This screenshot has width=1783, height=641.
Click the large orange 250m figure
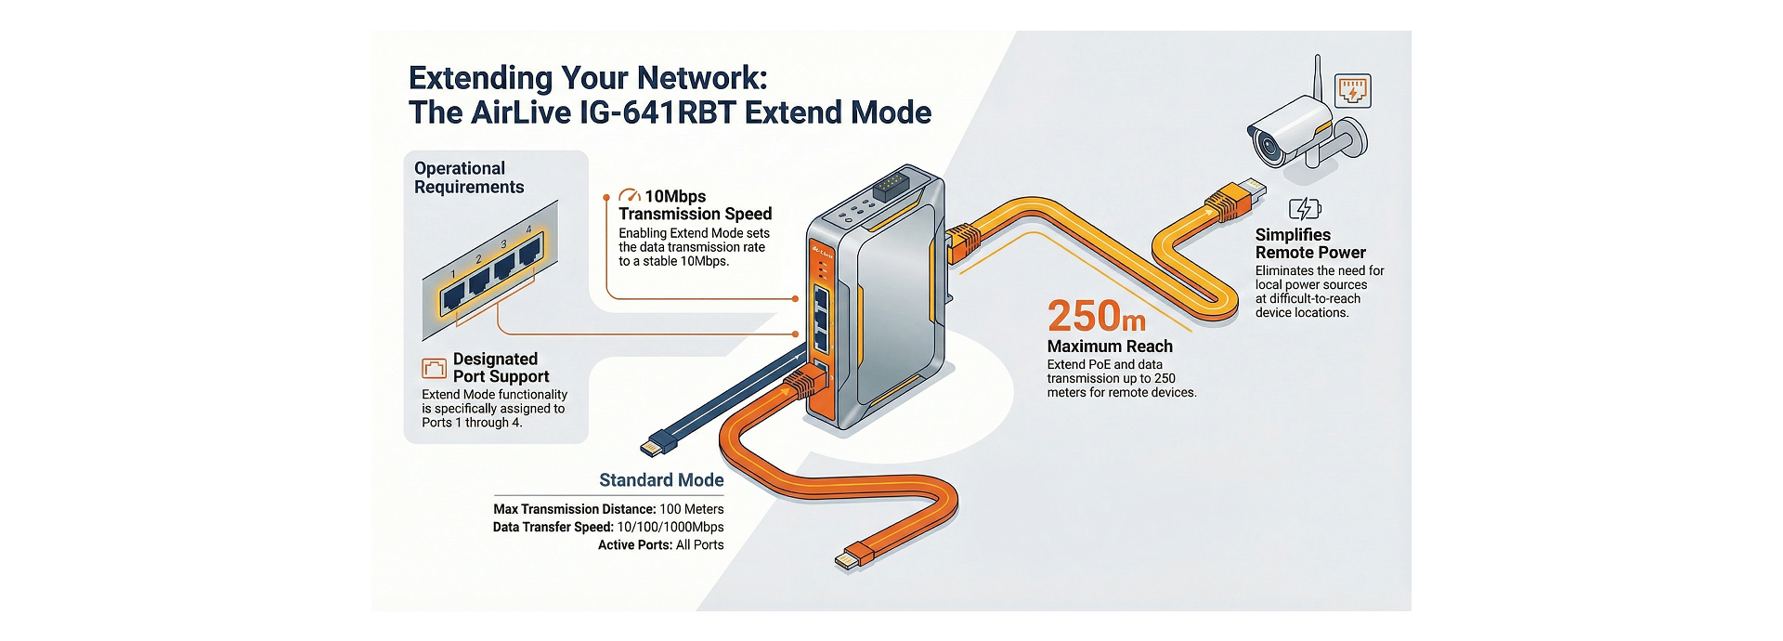[x=1096, y=316]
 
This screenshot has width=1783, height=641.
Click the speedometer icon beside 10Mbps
[x=630, y=196]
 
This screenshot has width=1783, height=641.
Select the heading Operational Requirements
[x=469, y=177]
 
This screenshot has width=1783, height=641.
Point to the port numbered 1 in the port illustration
[x=453, y=295]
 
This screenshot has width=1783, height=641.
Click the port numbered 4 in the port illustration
[x=529, y=250]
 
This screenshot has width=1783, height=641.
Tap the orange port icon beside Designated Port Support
[x=434, y=368]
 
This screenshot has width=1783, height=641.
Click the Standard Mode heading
[x=661, y=480]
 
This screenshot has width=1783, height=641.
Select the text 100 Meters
[x=691, y=509]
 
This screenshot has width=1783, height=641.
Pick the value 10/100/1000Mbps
[x=670, y=527]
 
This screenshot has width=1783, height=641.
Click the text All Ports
[x=699, y=545]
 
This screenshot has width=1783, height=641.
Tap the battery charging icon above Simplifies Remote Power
[x=1305, y=208]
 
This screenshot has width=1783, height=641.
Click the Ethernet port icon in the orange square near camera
[x=1353, y=91]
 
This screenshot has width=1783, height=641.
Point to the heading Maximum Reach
[x=1110, y=347]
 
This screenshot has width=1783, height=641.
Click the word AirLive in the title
[x=521, y=112]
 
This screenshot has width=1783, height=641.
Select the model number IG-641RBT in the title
[x=657, y=112]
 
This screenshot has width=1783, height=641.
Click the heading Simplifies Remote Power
[x=1310, y=243]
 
